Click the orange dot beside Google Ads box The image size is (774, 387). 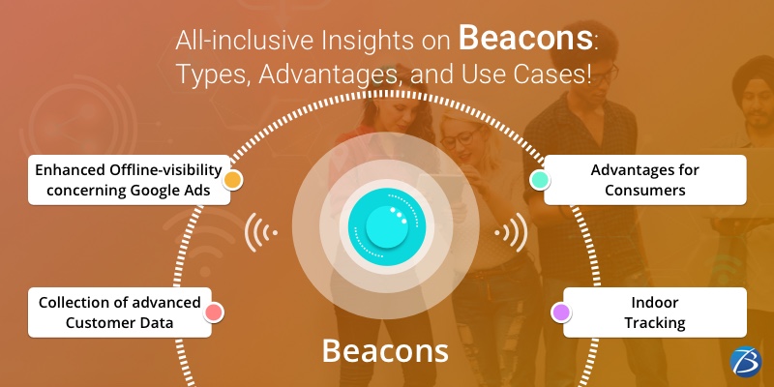[232, 180]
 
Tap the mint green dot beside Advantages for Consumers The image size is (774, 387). [540, 180]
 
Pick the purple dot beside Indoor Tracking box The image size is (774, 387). [559, 312]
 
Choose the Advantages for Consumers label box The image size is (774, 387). [644, 180]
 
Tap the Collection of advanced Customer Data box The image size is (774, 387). [119, 312]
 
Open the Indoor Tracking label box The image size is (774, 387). [655, 312]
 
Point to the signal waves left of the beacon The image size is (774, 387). [260, 232]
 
